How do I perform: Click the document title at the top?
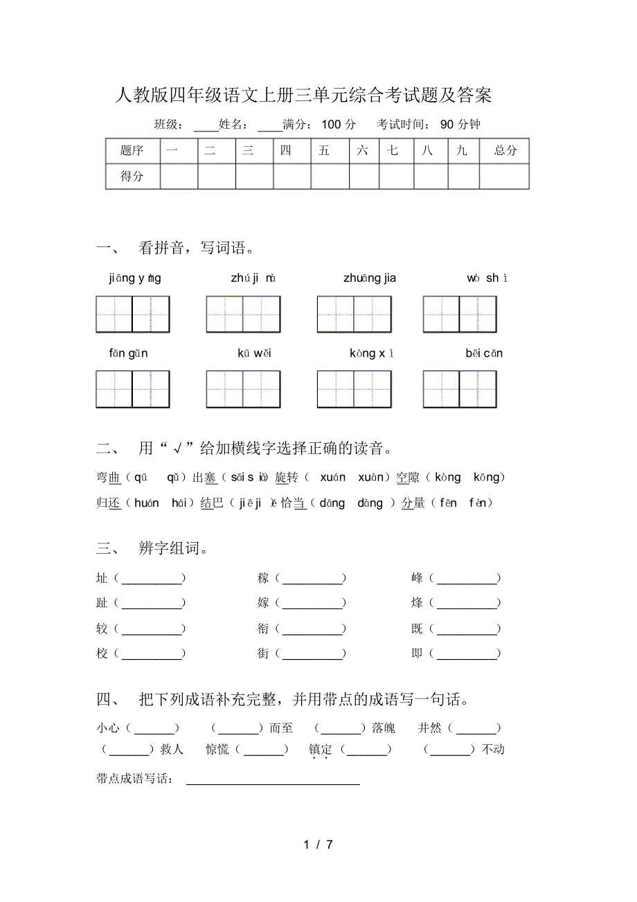(x=303, y=96)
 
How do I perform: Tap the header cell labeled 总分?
(x=505, y=150)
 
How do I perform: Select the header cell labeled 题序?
(x=132, y=150)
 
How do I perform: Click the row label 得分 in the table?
(x=132, y=176)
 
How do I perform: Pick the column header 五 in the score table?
(x=324, y=150)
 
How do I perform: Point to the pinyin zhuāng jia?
(x=370, y=278)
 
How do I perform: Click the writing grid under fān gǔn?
(x=133, y=389)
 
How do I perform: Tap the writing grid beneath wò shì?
(x=460, y=314)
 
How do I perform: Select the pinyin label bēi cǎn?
(x=484, y=353)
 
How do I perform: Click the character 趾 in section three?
(x=102, y=603)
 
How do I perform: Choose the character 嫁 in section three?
(x=263, y=603)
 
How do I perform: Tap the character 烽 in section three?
(x=417, y=603)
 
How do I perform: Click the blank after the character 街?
(x=313, y=653)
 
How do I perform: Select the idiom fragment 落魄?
(x=383, y=728)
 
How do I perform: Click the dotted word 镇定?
(x=321, y=749)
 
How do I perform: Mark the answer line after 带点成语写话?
(x=273, y=780)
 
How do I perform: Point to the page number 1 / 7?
(x=318, y=845)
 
